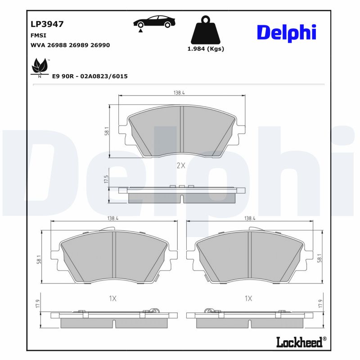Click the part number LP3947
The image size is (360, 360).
(x=47, y=24)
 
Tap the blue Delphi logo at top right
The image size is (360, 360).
(x=286, y=32)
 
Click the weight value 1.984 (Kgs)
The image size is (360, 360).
(x=205, y=49)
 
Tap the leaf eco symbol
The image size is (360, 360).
(x=40, y=68)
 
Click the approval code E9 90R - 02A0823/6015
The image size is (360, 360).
(x=90, y=76)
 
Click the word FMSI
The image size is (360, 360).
(x=38, y=35)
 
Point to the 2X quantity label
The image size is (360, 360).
(x=180, y=166)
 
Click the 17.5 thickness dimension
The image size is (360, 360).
(x=107, y=179)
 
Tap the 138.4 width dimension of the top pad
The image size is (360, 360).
(x=179, y=93)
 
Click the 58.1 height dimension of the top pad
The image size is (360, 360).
(x=107, y=131)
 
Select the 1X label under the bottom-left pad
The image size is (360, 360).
(x=112, y=298)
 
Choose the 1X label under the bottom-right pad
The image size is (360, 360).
(x=248, y=298)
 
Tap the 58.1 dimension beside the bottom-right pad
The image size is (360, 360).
(x=319, y=258)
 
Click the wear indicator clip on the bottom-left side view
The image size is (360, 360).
(x=155, y=310)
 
